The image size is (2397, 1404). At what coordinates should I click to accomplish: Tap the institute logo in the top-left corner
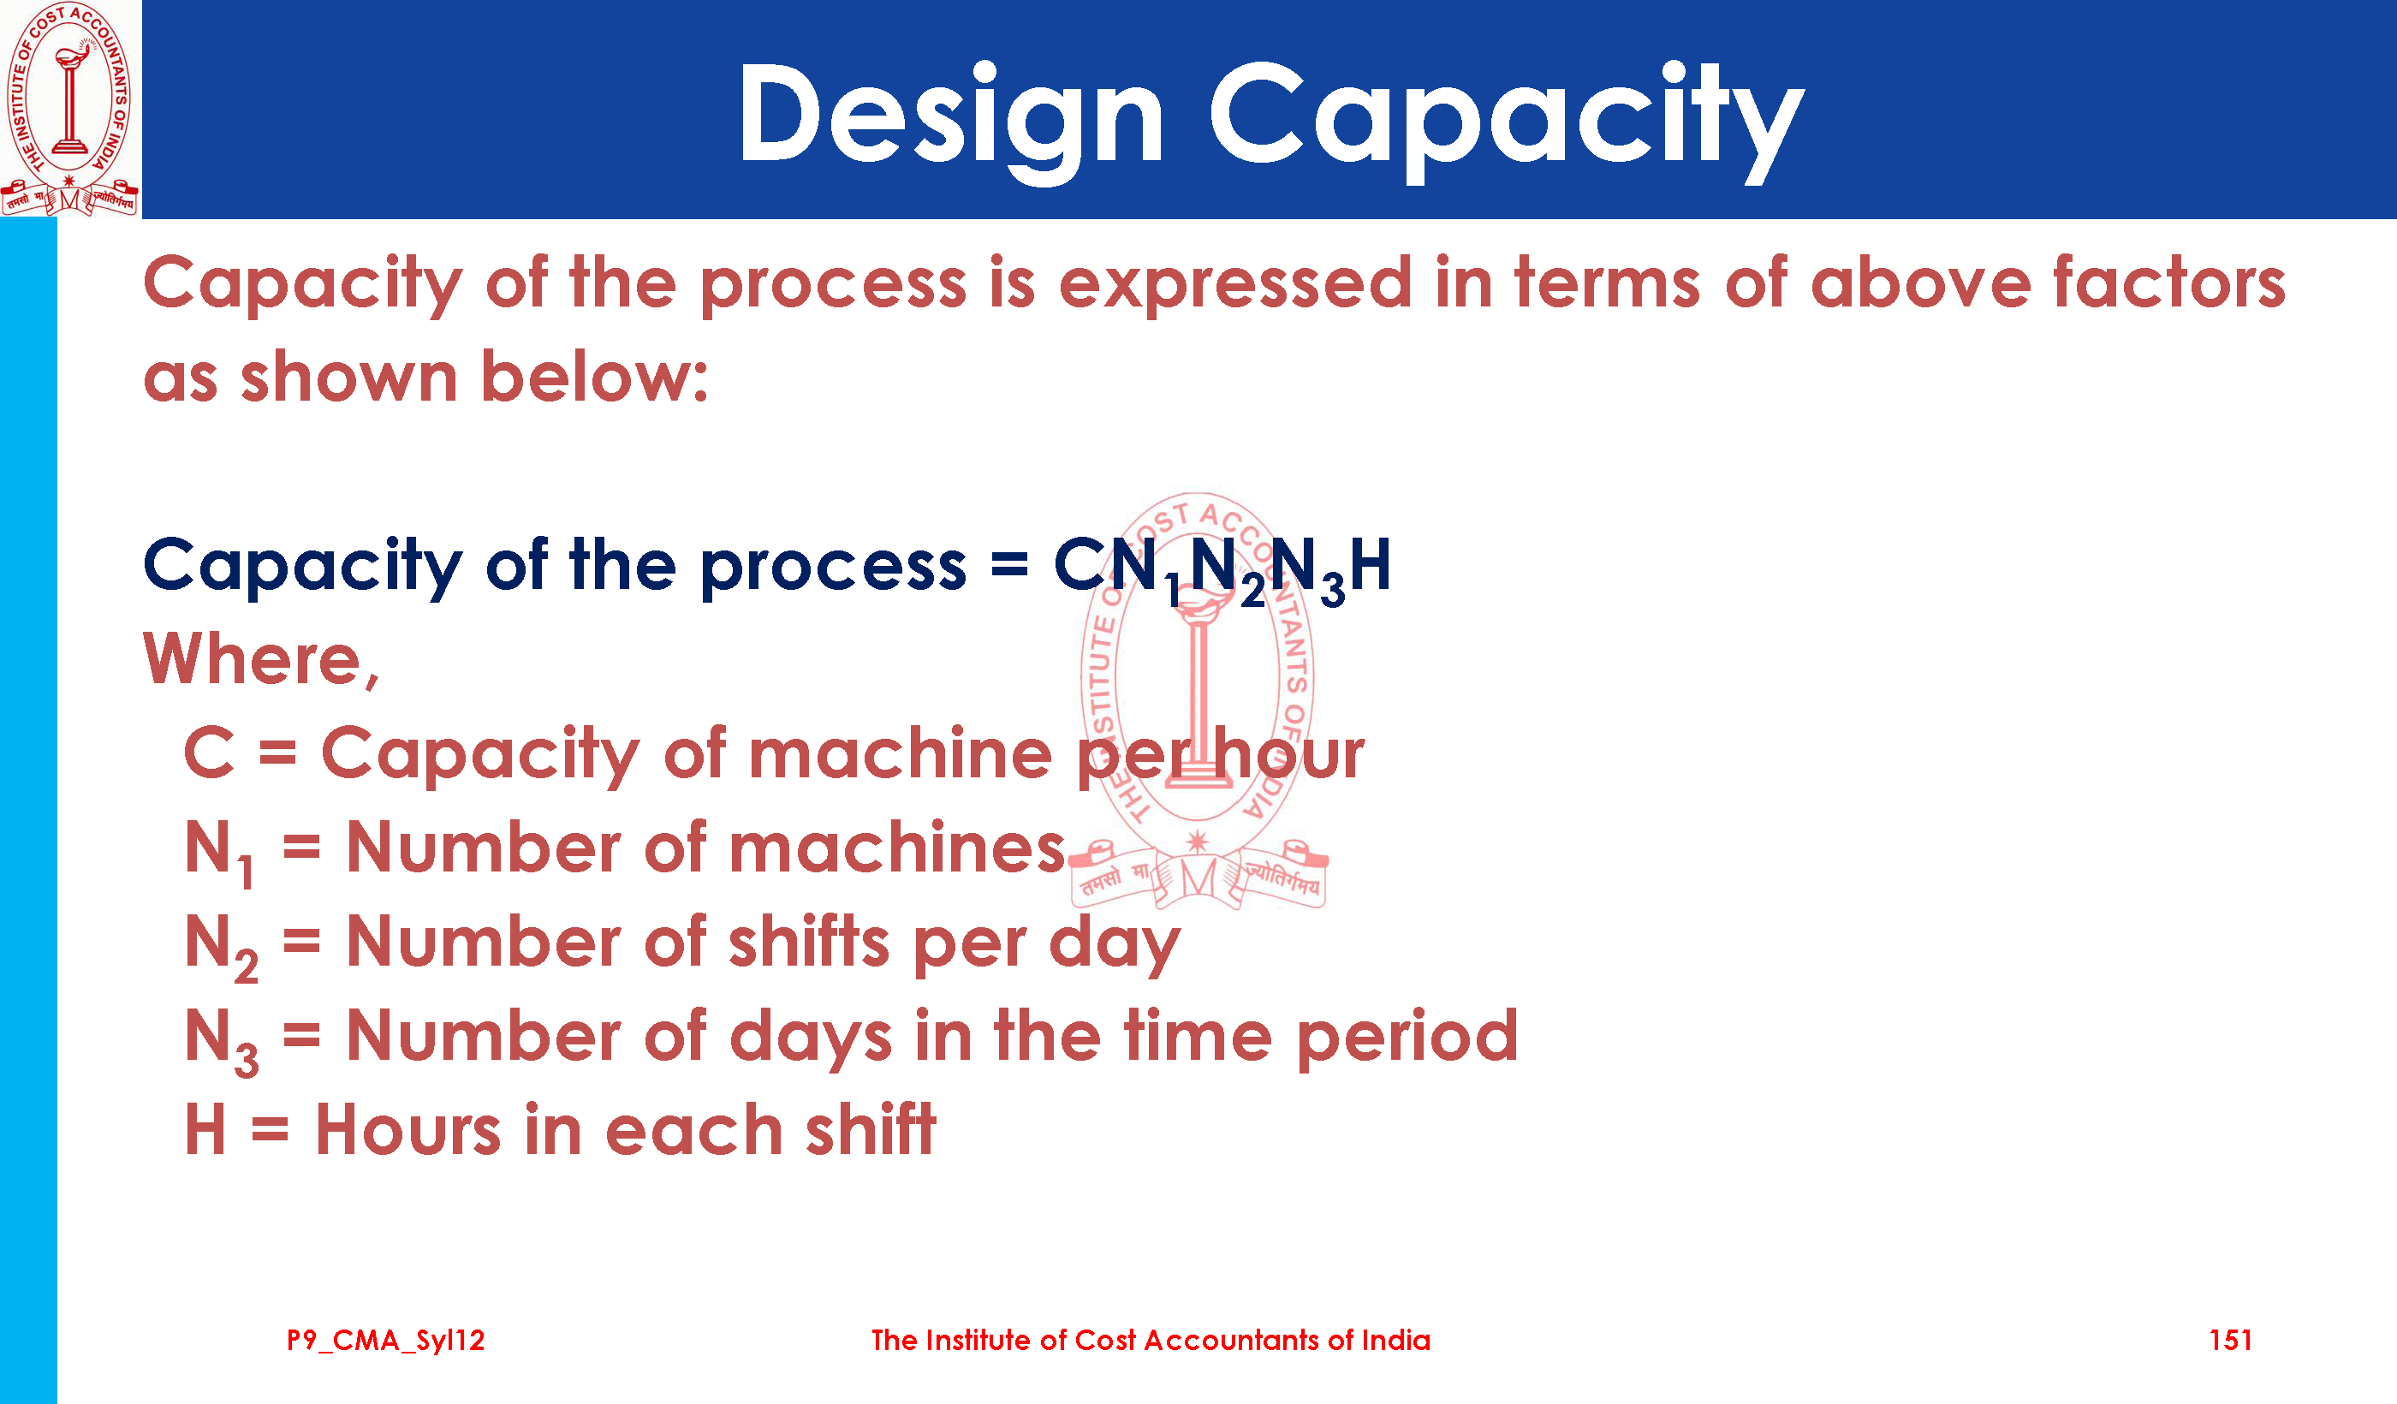click(x=69, y=109)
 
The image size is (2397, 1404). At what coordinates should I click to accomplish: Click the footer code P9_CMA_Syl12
click(x=386, y=1342)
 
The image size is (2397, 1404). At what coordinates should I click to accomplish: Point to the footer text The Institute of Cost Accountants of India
click(x=1151, y=1341)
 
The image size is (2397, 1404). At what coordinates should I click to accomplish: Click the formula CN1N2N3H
click(x=1223, y=568)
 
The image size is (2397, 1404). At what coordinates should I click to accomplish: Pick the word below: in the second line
click(x=594, y=376)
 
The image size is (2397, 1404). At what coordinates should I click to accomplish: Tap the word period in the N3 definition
click(x=1407, y=1036)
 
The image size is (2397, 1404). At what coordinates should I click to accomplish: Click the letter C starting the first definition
click(x=209, y=753)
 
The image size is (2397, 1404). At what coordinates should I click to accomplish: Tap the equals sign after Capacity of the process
click(x=1009, y=566)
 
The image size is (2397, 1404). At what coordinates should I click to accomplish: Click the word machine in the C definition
click(x=901, y=753)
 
